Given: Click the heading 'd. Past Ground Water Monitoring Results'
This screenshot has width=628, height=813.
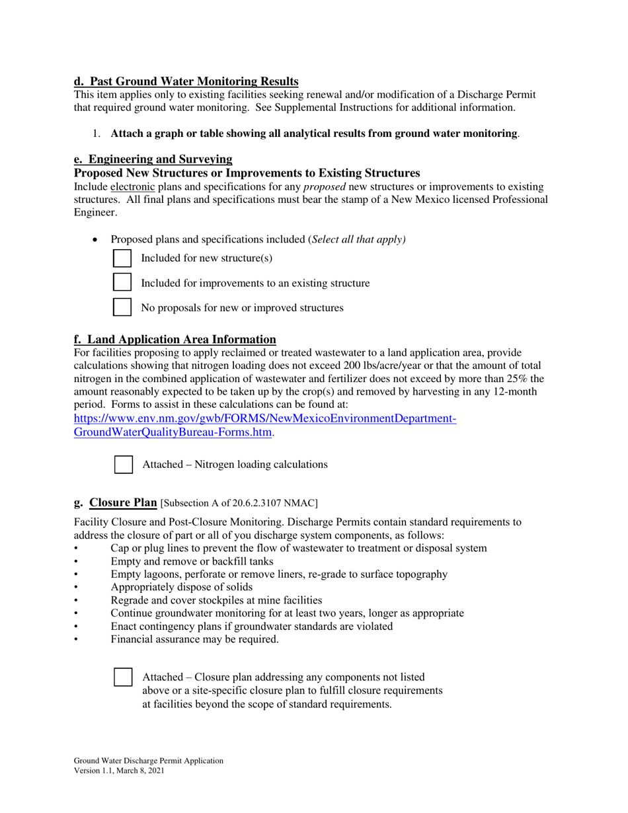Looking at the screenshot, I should click(186, 81).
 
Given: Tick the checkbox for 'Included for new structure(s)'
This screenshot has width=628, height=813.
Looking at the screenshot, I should click(123, 258).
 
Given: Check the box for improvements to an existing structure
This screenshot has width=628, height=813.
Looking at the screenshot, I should click(123, 282).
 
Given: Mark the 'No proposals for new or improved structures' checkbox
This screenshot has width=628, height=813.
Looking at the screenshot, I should click(123, 307).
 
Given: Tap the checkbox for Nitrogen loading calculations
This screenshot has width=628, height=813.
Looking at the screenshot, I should click(124, 464).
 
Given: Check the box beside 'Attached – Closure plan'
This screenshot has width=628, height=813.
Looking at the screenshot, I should click(124, 677).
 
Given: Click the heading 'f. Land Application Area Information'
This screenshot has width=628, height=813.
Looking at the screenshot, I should click(175, 339).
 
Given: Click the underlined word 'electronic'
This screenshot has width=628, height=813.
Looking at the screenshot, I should click(132, 186).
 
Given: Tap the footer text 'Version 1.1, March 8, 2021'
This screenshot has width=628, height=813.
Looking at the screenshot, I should click(119, 771).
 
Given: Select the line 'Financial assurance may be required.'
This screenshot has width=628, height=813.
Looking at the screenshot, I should click(194, 639).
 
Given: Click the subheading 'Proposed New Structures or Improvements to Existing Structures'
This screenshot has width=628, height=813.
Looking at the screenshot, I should click(246, 173).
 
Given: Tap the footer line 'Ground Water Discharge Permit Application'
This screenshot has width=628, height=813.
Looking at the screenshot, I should click(148, 761).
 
